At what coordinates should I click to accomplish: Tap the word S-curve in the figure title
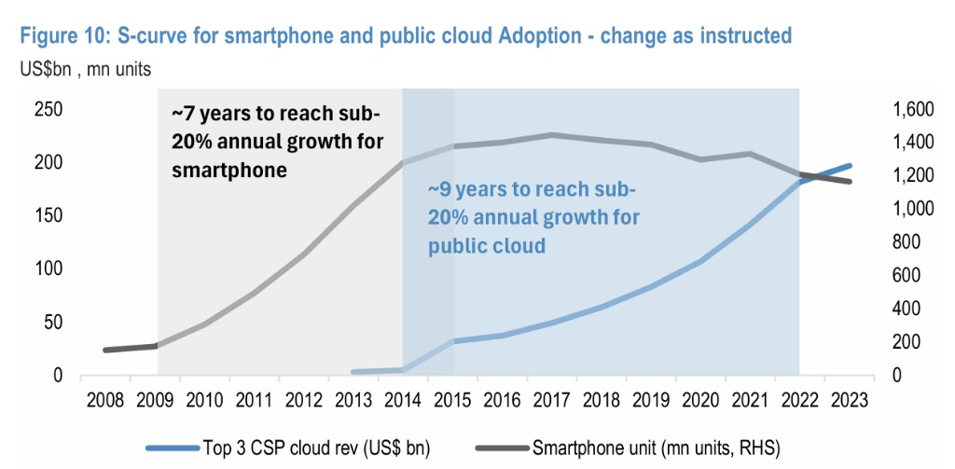(x=152, y=35)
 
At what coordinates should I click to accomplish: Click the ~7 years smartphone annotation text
(x=275, y=142)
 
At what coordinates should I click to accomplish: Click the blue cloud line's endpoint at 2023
(x=849, y=166)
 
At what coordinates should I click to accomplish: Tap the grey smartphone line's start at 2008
(x=105, y=351)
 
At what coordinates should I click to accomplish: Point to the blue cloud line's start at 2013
(x=354, y=372)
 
